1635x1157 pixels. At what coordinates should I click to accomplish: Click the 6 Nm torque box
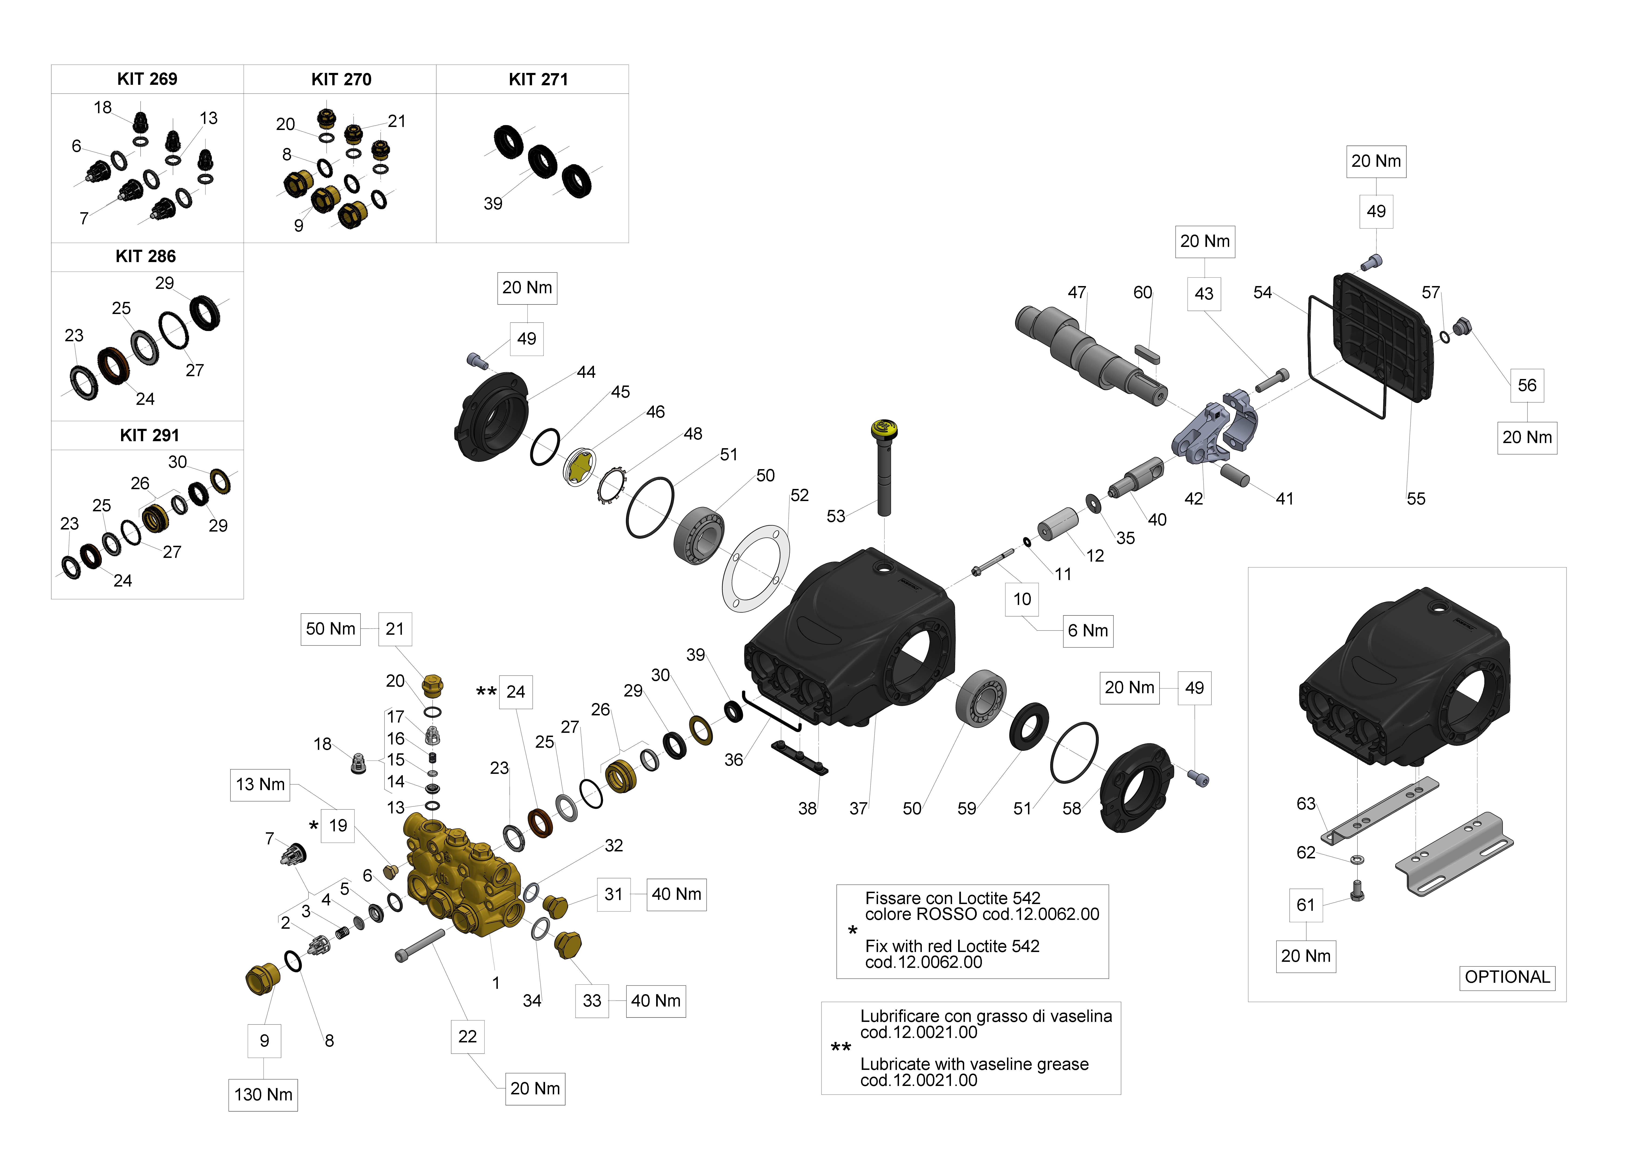1087,631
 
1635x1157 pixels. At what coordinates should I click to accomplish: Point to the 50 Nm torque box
330,629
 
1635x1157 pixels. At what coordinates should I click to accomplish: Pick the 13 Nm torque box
260,784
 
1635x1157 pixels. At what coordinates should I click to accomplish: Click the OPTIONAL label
1507,977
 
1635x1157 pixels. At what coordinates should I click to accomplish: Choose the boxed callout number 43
1204,294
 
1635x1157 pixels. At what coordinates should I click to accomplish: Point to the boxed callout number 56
1527,386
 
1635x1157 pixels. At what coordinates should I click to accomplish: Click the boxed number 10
1022,599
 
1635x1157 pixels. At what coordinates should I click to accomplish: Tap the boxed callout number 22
467,1037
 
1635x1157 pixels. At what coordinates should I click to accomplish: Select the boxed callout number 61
1305,905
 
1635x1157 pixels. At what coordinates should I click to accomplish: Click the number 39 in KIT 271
493,204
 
